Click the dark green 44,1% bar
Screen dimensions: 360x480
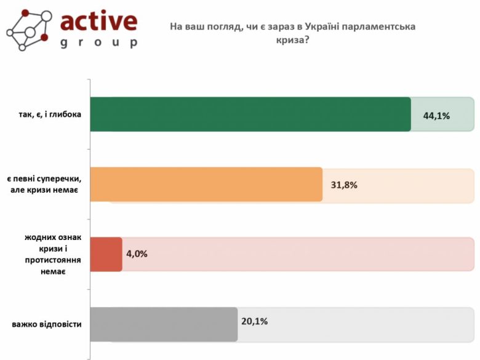point(250,114)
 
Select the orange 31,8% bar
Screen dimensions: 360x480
point(206,184)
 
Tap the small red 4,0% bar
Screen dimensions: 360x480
point(106,254)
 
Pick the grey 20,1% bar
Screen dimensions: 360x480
point(164,324)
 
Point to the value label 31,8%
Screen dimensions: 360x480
point(344,185)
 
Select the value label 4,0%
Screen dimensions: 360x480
point(137,254)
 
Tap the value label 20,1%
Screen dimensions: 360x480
point(255,321)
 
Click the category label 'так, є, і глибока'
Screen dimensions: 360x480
point(50,114)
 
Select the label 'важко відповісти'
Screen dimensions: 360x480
point(47,324)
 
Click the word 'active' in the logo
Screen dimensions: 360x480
point(99,22)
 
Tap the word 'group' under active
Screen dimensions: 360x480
point(98,43)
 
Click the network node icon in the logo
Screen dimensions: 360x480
point(28,30)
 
